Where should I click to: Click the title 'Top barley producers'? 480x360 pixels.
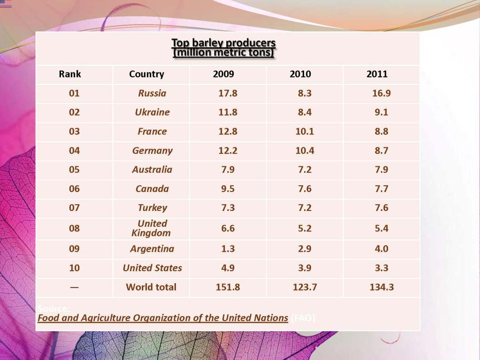(223, 43)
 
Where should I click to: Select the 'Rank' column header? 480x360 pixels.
(70, 74)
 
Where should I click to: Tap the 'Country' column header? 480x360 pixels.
(146, 74)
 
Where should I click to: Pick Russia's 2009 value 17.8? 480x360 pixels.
(228, 93)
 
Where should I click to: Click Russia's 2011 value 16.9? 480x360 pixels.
(381, 93)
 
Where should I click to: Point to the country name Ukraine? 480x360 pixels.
(152, 112)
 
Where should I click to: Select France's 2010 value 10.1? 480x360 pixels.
(305, 131)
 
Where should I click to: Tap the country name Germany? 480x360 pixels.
(152, 150)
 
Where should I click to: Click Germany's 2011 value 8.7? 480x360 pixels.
(381, 150)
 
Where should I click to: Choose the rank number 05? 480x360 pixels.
(74, 169)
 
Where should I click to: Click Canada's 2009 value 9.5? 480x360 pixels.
(228, 189)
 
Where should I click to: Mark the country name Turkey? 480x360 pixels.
(152, 208)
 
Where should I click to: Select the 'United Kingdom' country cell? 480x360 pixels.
(151, 228)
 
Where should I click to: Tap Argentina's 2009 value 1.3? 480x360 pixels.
(228, 249)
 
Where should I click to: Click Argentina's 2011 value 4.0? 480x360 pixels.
(381, 249)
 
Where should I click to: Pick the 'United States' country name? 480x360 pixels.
(152, 268)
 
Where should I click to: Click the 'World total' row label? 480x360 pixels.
(151, 287)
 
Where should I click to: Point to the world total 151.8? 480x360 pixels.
(228, 287)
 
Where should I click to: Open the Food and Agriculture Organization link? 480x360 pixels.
(163, 318)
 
